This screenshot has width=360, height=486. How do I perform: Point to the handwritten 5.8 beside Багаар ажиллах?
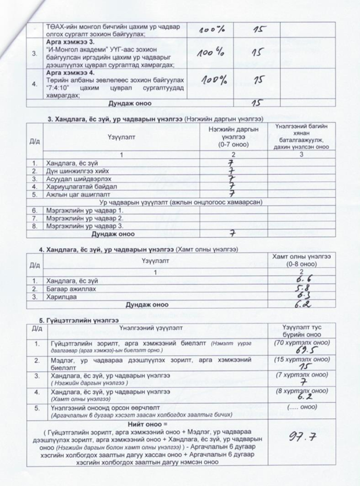click(x=298, y=288)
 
